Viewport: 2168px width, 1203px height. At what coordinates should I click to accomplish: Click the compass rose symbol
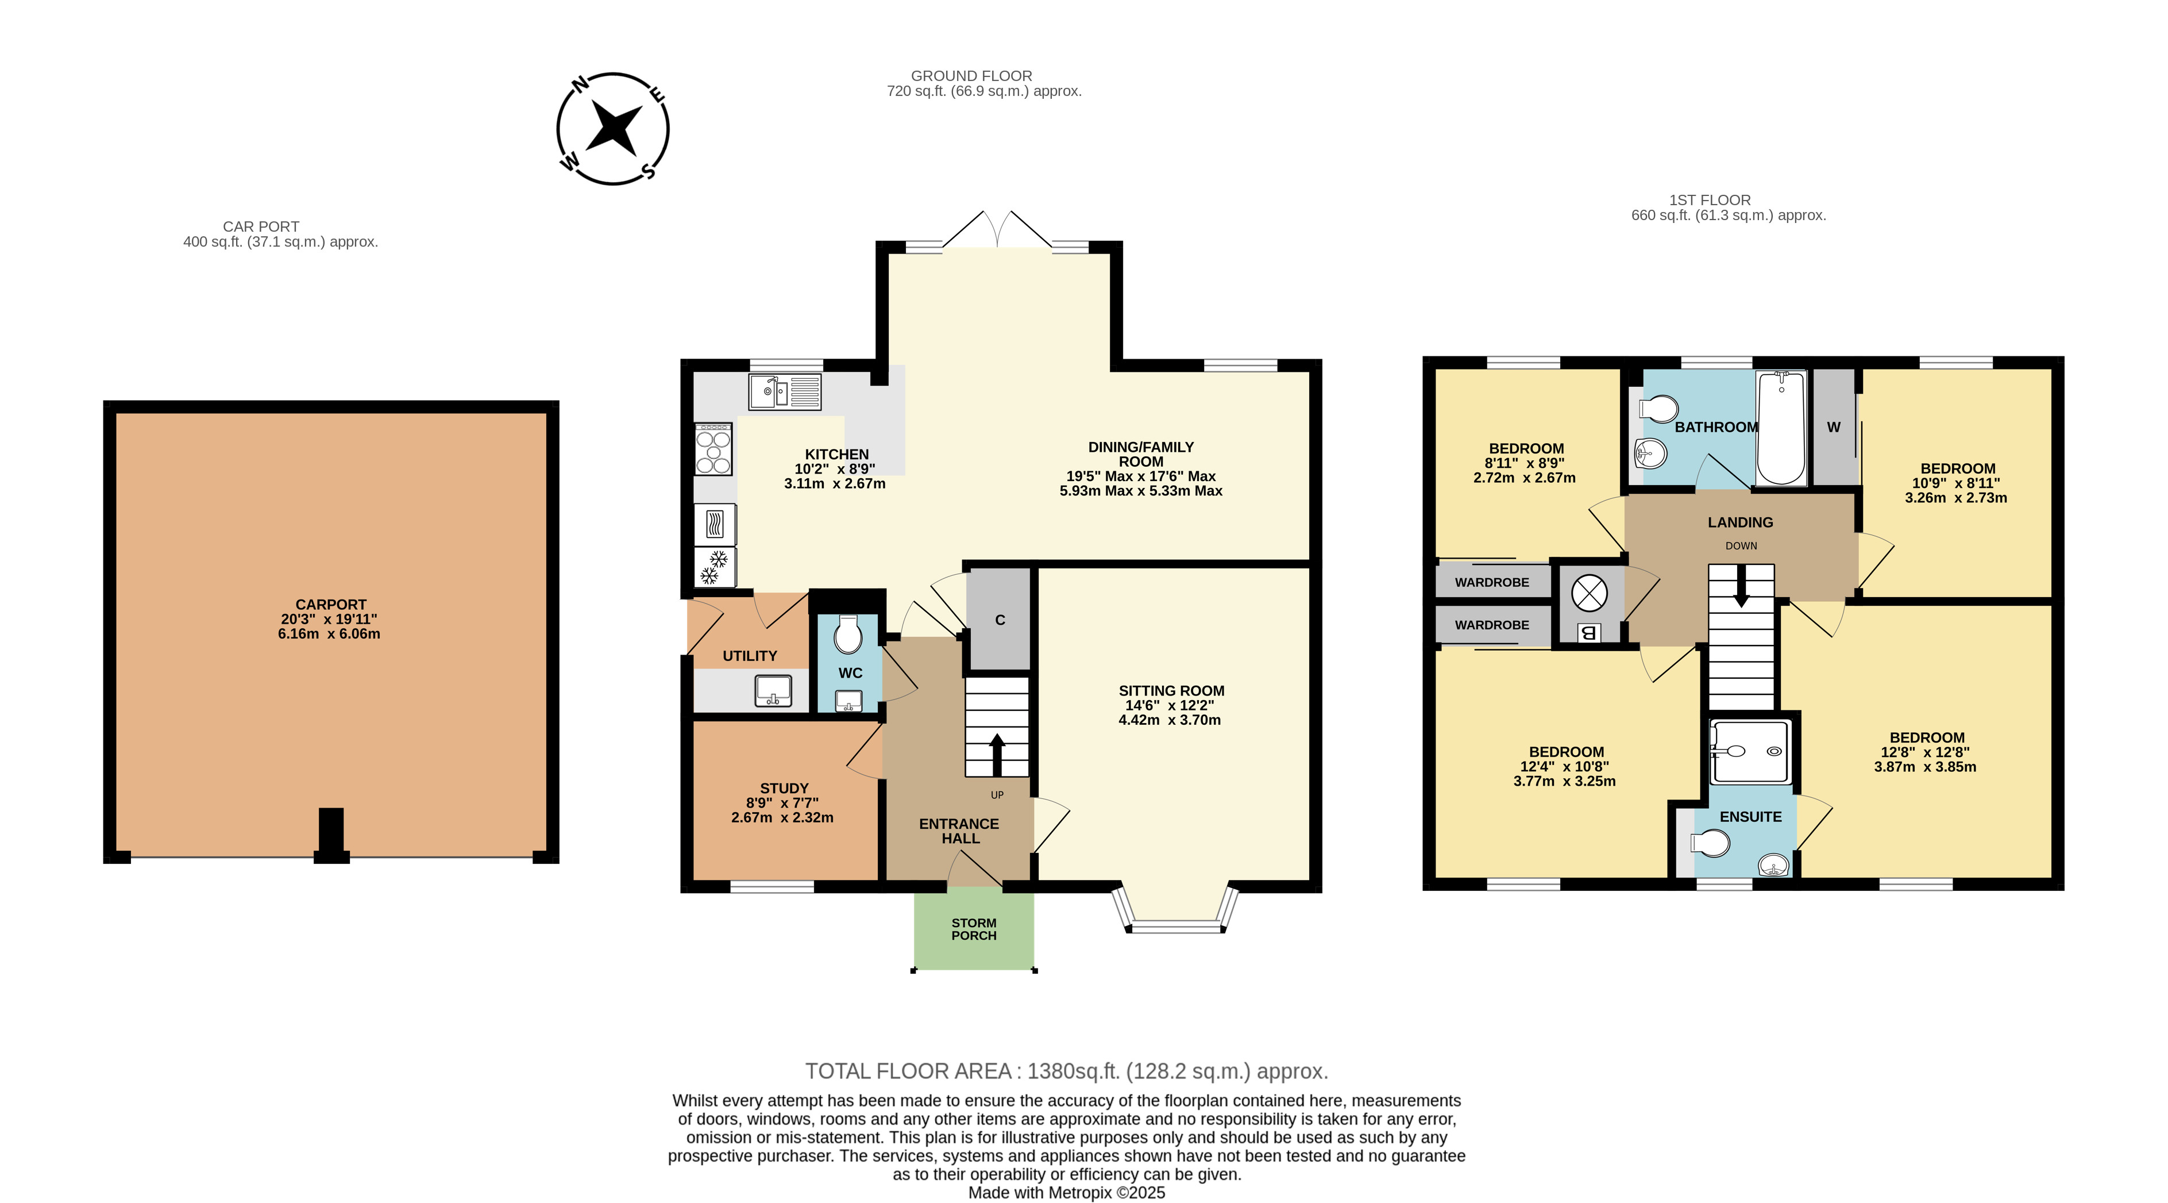pyautogui.click(x=613, y=129)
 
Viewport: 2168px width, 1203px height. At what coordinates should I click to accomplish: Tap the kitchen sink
pyautogui.click(x=784, y=391)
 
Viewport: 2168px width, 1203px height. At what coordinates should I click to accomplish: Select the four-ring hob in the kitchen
pyautogui.click(x=713, y=449)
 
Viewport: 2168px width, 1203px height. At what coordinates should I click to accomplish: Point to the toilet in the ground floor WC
pyautogui.click(x=847, y=634)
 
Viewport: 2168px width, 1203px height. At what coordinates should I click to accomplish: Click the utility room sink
pyautogui.click(x=773, y=691)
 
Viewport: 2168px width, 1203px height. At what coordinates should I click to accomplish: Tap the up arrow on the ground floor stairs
pyautogui.click(x=997, y=754)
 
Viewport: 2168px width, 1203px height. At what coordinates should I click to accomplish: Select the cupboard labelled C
pyautogui.click(x=999, y=620)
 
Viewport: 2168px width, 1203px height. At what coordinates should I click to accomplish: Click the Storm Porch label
pyautogui.click(x=974, y=929)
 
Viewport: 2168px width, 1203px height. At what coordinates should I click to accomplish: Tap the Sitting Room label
pyautogui.click(x=1171, y=691)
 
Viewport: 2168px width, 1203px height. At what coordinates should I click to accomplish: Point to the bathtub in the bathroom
pyautogui.click(x=1781, y=429)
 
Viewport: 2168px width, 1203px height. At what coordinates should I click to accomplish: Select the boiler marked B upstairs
pyautogui.click(x=1589, y=633)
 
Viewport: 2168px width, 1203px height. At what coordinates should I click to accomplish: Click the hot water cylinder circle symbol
pyautogui.click(x=1589, y=593)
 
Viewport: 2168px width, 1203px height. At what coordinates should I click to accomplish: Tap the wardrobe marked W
pyautogui.click(x=1834, y=428)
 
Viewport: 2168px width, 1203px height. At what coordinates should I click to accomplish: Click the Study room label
pyautogui.click(x=784, y=789)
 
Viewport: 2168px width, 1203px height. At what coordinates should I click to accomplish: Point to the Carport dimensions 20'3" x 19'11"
pyautogui.click(x=329, y=620)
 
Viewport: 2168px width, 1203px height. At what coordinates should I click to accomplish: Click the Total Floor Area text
pyautogui.click(x=1066, y=1072)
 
